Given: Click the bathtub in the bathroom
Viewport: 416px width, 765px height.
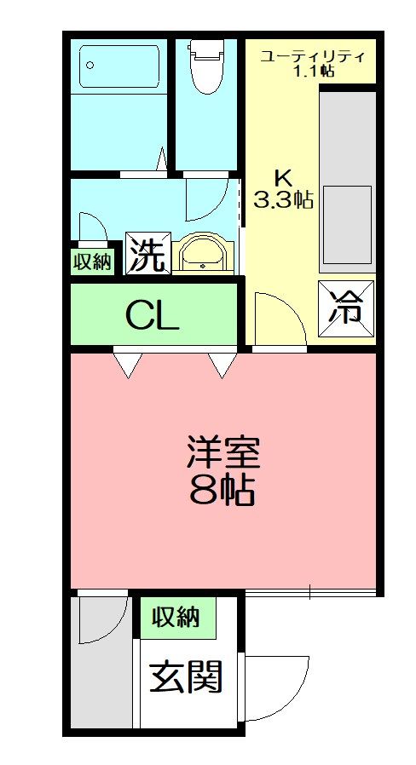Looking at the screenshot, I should pyautogui.click(x=119, y=66).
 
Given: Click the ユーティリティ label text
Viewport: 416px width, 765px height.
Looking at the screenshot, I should pyautogui.click(x=313, y=56).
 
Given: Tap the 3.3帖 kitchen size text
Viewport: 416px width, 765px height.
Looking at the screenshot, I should pyautogui.click(x=284, y=200).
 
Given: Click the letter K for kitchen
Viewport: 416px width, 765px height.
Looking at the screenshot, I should pyautogui.click(x=283, y=178).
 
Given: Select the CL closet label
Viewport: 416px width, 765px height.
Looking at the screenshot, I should pyautogui.click(x=153, y=316).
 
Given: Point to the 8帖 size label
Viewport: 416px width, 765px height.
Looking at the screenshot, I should pyautogui.click(x=223, y=491).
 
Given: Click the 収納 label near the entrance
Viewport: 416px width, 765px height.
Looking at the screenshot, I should pyautogui.click(x=176, y=617).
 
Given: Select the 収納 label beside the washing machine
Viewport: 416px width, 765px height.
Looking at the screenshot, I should pyautogui.click(x=91, y=262).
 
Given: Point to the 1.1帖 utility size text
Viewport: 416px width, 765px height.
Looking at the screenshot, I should pyautogui.click(x=313, y=72).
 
